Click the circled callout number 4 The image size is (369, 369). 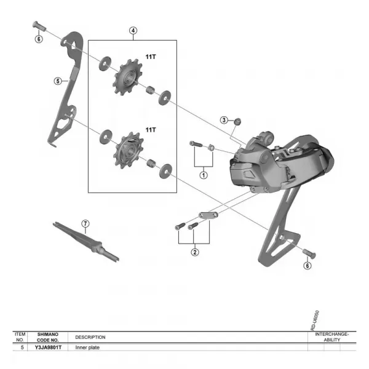coord(133,30)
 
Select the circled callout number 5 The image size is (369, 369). coord(58,81)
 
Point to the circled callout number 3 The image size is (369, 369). coord(224,120)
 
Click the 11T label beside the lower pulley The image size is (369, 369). coord(151,130)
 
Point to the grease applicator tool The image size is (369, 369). coord(87,241)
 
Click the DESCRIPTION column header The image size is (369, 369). coord(90,337)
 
